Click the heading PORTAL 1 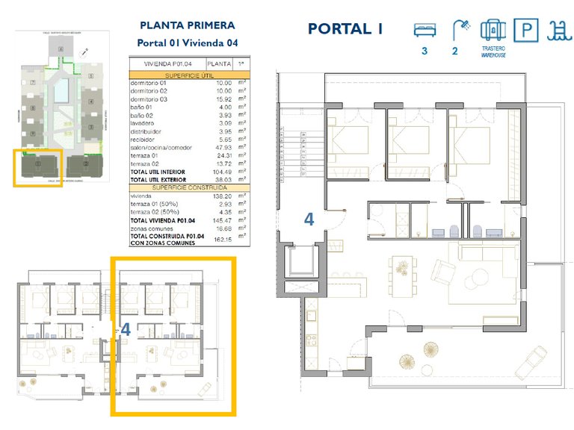point(345,29)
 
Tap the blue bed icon point(425,30)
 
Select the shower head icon point(462,29)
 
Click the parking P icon point(528,31)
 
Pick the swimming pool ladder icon point(557,31)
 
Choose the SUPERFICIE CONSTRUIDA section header point(188,187)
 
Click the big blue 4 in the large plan point(309,219)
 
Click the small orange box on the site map point(38,168)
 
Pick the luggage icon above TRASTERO point(494,31)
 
